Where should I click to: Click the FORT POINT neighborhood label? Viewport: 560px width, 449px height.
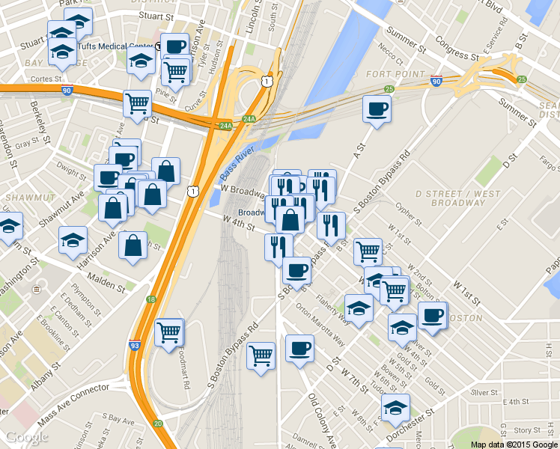click(389, 74)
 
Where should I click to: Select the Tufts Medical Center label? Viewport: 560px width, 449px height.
click(123, 45)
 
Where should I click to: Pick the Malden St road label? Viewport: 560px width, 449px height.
click(102, 284)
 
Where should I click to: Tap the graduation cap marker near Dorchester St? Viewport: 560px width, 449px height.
click(395, 408)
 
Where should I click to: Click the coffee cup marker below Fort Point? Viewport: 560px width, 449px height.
click(376, 109)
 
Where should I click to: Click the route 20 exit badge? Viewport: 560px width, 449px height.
click(158, 424)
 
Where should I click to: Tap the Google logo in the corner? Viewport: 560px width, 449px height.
click(27, 438)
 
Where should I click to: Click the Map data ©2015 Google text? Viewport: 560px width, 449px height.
click(514, 445)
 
